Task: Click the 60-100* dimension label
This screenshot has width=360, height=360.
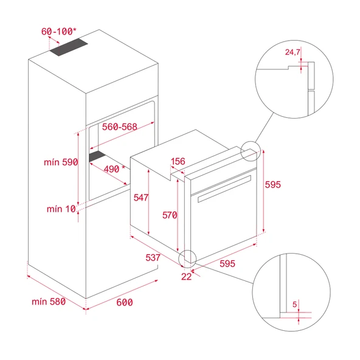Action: [59, 31]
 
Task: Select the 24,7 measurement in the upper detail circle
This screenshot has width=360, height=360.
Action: [292, 52]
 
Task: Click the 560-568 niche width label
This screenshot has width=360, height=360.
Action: [120, 128]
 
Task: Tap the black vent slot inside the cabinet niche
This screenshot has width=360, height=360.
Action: [97, 157]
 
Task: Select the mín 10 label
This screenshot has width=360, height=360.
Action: [62, 209]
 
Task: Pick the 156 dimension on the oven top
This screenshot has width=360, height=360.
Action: [178, 162]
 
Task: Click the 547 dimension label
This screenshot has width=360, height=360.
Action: [142, 197]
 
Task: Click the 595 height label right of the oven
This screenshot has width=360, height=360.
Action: [273, 185]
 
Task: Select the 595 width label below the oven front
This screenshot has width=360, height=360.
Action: [227, 264]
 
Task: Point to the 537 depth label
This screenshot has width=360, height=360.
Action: [153, 257]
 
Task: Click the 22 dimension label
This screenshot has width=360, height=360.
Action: [186, 275]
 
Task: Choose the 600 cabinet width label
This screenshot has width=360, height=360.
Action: [123, 302]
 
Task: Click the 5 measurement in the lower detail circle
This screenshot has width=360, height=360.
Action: [294, 303]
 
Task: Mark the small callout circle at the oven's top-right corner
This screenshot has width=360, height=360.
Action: [249, 150]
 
